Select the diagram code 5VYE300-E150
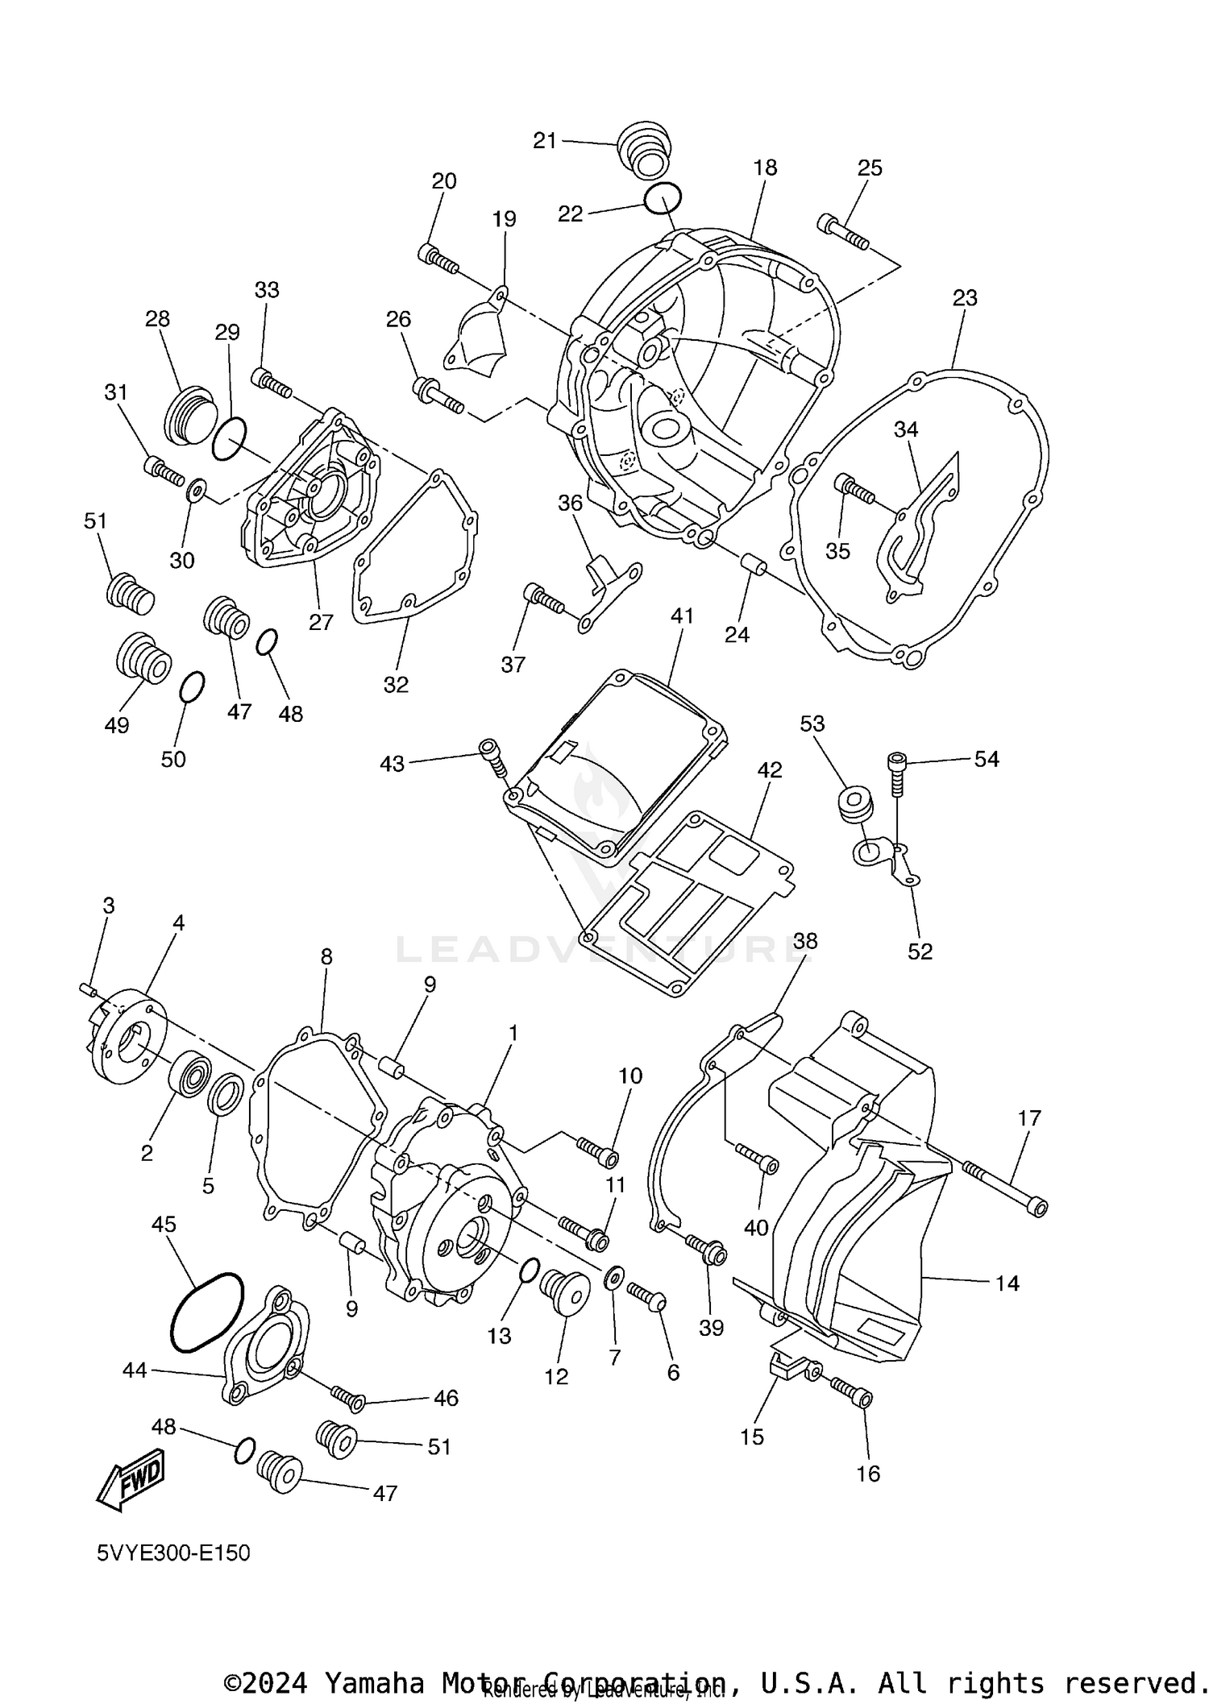pyautogui.click(x=173, y=1553)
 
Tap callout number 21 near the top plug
pyautogui.click(x=545, y=140)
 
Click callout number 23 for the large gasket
pyautogui.click(x=964, y=298)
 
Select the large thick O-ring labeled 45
pyautogui.click(x=206, y=1312)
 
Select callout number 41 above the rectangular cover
pyautogui.click(x=681, y=616)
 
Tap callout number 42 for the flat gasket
pyautogui.click(x=769, y=770)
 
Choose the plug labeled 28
pyautogui.click(x=189, y=416)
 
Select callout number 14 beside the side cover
pyautogui.click(x=1007, y=1283)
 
